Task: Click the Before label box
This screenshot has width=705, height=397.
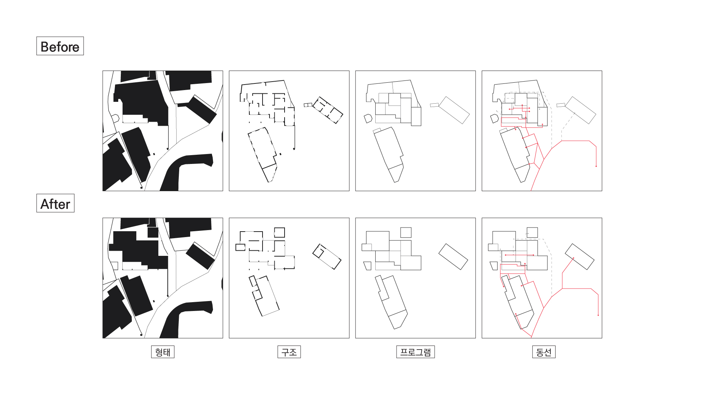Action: [x=60, y=46]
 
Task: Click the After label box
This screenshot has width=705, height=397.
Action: [x=55, y=203]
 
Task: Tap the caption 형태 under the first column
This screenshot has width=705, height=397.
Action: [x=163, y=352]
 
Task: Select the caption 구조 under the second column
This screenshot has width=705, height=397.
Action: [x=289, y=352]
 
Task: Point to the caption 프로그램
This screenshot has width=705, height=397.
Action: [x=415, y=352]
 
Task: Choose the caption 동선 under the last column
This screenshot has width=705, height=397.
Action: [x=544, y=352]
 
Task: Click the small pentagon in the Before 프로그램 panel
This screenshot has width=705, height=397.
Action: [x=368, y=118]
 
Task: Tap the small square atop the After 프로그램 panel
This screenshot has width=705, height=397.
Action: [x=406, y=232]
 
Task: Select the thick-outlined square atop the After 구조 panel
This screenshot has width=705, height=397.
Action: [x=279, y=232]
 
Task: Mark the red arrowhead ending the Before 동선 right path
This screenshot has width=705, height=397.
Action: [x=596, y=166]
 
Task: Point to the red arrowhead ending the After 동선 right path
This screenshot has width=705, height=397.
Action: [x=598, y=315]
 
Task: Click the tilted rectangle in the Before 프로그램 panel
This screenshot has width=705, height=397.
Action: [x=454, y=110]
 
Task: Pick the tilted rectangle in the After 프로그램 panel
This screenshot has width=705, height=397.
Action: [x=453, y=257]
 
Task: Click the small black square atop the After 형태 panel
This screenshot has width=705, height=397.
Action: [x=153, y=232]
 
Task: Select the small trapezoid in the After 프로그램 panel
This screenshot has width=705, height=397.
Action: [x=368, y=266]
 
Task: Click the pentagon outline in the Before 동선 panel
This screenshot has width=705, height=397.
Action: [x=494, y=118]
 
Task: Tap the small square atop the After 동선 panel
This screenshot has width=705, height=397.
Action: [x=532, y=232]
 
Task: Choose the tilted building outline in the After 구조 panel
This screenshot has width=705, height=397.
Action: [x=327, y=257]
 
